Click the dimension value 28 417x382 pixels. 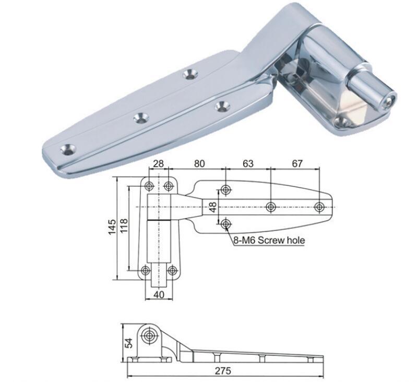pos(159,164)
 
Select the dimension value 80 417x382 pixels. pos(199,164)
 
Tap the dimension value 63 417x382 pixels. pos(247,164)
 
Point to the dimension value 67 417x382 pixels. pos(297,164)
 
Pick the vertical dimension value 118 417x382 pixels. pos(124,228)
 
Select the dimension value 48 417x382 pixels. pos(212,207)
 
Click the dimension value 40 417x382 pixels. pos(159,295)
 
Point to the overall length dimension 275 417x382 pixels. pos(224,371)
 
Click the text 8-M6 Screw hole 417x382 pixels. pos(268,240)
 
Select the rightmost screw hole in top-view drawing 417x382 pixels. pos(319,207)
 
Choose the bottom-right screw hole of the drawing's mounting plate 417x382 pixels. pos(172,270)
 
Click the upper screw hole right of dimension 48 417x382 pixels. pos(225,189)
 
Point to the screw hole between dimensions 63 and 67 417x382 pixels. pos(270,207)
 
